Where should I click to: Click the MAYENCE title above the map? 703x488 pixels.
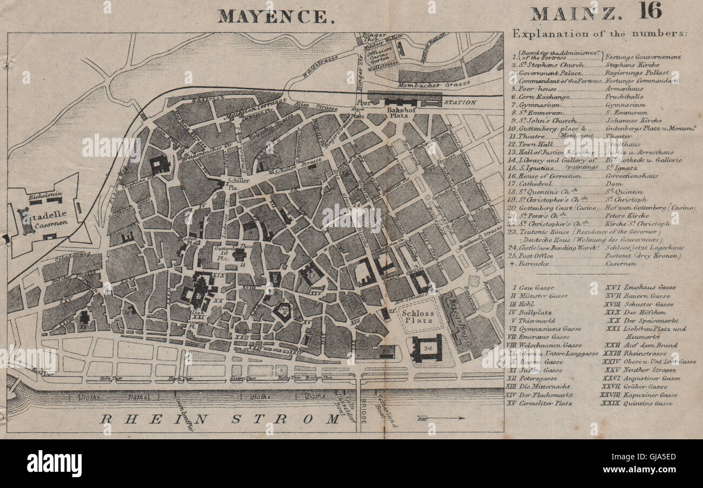click(x=275, y=16)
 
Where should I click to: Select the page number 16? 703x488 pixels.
click(x=649, y=11)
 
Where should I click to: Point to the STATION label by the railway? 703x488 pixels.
click(x=460, y=102)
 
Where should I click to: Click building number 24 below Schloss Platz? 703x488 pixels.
click(x=427, y=347)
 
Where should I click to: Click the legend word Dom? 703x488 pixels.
click(x=612, y=183)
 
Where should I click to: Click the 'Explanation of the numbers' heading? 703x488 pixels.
click(x=600, y=34)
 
